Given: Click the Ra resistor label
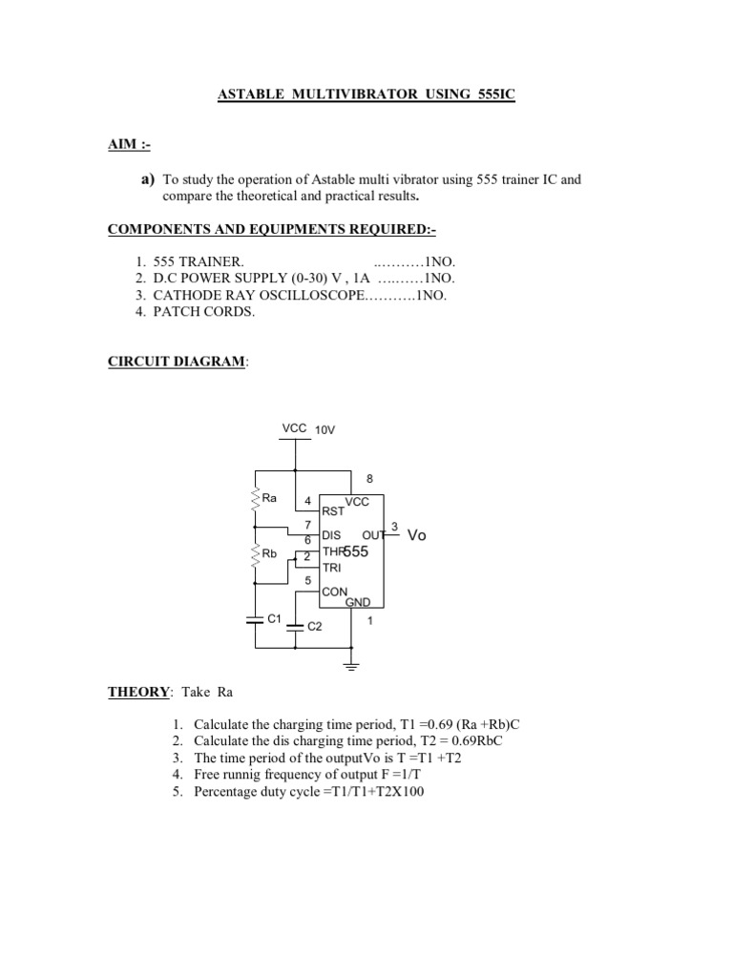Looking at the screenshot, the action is click(269, 498).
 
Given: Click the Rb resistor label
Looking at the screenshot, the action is click(269, 553).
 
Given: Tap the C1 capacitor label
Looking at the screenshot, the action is click(274, 619).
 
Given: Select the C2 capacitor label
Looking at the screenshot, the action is click(315, 627).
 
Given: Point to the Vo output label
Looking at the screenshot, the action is click(416, 535).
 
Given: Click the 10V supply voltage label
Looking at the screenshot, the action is click(325, 430).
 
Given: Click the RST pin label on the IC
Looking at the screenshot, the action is click(333, 510).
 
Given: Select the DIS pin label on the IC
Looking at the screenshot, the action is click(332, 536).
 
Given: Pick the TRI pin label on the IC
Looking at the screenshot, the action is click(331, 567).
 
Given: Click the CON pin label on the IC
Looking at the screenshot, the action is click(334, 592).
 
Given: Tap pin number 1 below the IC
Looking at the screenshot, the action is click(369, 621).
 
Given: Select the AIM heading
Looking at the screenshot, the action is click(128, 144).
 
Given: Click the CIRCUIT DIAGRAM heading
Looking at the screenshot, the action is click(177, 364).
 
